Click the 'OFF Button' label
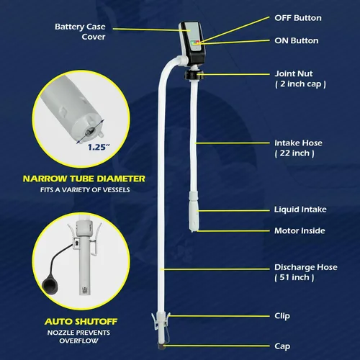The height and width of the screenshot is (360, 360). (298, 18)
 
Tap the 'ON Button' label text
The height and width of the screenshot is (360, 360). (297, 41)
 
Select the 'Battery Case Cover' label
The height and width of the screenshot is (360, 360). (80, 32)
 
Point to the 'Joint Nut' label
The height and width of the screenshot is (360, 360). (294, 73)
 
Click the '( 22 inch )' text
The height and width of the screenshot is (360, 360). (294, 153)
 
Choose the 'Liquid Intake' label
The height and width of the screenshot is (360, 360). (300, 210)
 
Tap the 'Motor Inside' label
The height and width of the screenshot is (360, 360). (300, 231)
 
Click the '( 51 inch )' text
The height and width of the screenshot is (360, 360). (294, 277)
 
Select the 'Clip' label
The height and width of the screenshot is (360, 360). (282, 316)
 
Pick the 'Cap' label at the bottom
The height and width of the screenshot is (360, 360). (282, 346)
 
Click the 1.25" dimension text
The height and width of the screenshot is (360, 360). (99, 147)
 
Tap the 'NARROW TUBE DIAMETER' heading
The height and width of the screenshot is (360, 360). (84, 179)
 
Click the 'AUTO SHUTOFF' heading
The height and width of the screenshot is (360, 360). (81, 322)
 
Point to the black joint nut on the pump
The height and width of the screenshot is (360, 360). (194, 74)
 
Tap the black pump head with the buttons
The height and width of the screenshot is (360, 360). (192, 43)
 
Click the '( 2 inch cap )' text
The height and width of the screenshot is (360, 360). (300, 84)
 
